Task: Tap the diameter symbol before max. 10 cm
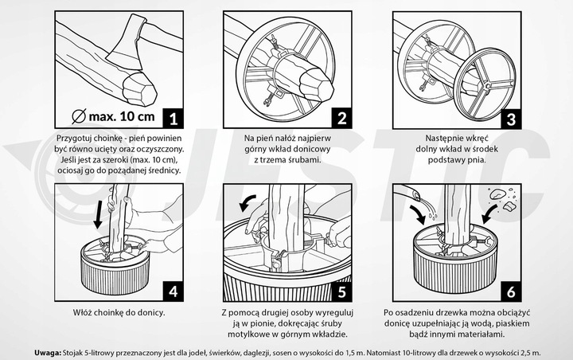(78, 118)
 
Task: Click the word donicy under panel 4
(149, 312)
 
